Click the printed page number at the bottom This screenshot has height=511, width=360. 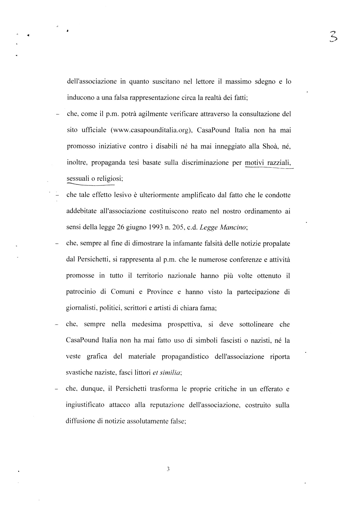click(168, 469)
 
